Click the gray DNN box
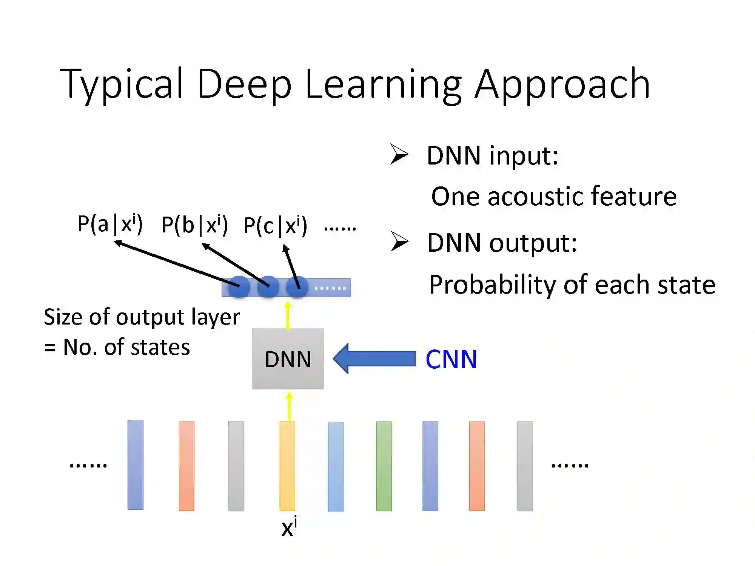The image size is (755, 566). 288,358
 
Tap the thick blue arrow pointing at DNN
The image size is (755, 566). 374,358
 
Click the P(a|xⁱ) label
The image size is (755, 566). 110,224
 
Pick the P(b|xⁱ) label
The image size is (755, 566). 194,225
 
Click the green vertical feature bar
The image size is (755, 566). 384,466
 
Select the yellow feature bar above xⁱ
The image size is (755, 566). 287,466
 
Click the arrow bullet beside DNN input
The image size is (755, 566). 399,154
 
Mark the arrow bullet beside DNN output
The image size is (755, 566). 399,241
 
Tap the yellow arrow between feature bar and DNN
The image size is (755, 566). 290,407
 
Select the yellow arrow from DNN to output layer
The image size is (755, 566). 288,315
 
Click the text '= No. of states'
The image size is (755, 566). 117,347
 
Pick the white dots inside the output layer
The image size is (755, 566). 330,288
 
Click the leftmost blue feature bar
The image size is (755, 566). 136,465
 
